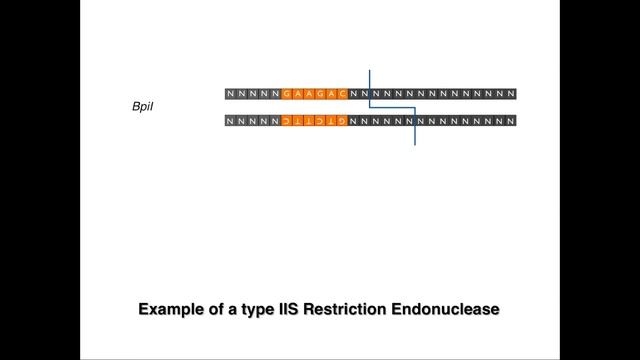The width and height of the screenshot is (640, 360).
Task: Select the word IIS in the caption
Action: pyautogui.click(x=284, y=310)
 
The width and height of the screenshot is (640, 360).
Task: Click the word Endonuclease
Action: pyautogui.click(x=446, y=310)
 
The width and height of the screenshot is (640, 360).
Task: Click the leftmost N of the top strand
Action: pyautogui.click(x=232, y=94)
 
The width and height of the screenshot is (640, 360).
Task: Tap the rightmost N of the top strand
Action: pyautogui.click(x=511, y=94)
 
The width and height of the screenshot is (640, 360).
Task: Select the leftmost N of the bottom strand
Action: pyautogui.click(x=232, y=121)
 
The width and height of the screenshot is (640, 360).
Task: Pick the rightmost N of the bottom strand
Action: pyautogui.click(x=511, y=121)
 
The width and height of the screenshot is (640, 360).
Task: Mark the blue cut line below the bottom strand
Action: pyautogui.click(x=415, y=137)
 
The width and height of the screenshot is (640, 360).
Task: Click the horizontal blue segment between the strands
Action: pyautogui.click(x=392, y=107)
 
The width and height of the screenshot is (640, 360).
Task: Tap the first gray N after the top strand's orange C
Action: pyautogui.click(x=353, y=94)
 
